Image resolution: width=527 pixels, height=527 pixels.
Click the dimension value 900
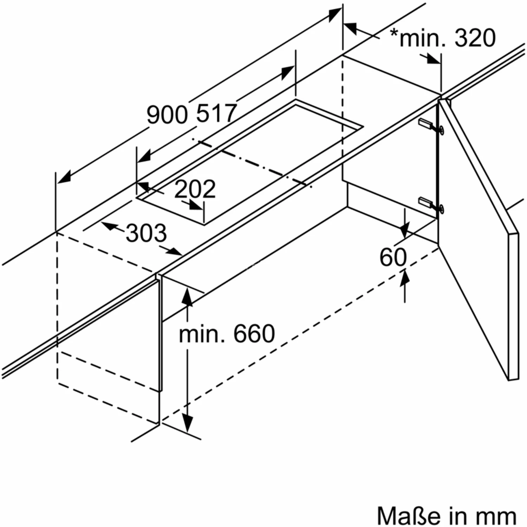[168, 115]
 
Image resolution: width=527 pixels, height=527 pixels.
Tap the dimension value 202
[195, 189]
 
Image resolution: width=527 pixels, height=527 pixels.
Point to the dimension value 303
[146, 233]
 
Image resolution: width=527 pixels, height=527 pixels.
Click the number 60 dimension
[393, 257]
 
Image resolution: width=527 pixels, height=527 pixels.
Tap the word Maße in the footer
[409, 516]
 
